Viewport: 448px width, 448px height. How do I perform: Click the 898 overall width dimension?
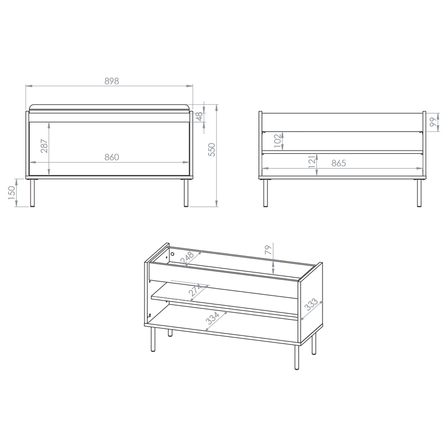pos(112,81)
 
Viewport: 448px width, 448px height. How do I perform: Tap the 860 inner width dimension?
pos(112,158)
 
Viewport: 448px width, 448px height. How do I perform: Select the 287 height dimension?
pos(44,146)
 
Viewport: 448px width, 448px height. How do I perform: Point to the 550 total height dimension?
pos(212,150)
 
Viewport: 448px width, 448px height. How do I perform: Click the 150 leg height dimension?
pos(12,193)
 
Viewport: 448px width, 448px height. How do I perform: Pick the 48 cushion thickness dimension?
pos(199,116)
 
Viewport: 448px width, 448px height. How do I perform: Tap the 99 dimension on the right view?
pos(433,122)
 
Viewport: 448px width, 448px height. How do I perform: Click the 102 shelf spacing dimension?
pos(278,141)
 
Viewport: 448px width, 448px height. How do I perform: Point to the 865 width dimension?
pos(339,164)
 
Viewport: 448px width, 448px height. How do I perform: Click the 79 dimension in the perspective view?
pos(268,250)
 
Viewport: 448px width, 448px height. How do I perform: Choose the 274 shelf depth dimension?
pos(195,290)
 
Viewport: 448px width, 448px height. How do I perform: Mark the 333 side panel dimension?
pos(311,304)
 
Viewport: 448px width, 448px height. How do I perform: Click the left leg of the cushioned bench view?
pos(32,193)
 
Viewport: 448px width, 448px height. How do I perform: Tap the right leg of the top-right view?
pos(419,193)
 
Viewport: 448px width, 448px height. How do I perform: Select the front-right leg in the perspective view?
pos(296,357)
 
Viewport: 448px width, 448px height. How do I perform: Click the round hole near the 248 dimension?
pos(172,254)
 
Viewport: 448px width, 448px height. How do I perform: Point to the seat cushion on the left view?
pos(109,109)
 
